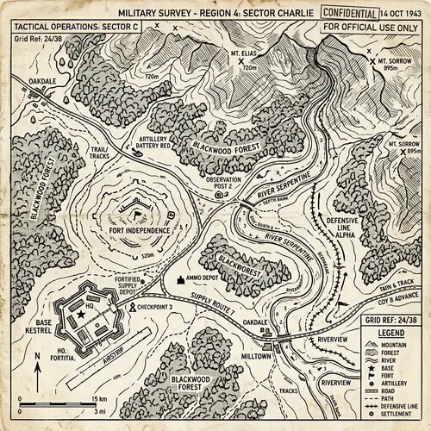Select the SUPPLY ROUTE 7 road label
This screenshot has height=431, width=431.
213,303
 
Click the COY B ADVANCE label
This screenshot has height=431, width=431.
397,302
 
